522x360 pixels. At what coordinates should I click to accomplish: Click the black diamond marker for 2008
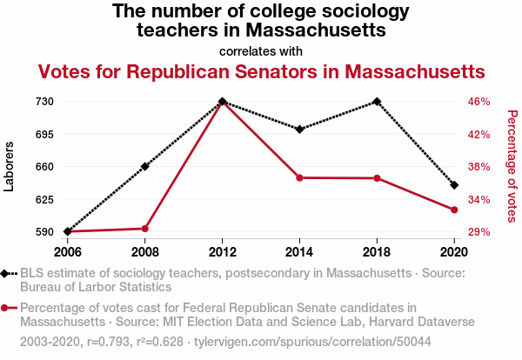pos(145,166)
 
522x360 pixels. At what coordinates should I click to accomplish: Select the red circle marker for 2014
pos(299,177)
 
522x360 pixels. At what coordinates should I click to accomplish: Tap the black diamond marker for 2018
pos(376,102)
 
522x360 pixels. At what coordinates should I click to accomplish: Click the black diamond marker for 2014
pos(299,130)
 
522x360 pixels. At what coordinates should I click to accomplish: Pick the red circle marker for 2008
pos(145,229)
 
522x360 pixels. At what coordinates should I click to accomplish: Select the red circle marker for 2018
pos(377,178)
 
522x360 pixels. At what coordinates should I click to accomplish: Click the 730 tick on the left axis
pos(45,102)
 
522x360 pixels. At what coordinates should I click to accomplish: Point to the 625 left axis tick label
pos(45,200)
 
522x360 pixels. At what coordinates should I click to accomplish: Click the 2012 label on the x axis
pos(223,252)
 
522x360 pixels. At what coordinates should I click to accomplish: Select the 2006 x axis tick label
pos(67,252)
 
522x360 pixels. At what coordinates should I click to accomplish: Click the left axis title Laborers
pos(10,166)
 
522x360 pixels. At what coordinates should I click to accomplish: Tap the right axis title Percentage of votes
pos(512,164)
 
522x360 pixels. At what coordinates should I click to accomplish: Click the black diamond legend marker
pos(7,273)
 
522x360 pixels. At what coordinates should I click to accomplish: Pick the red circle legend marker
pos(7,308)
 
